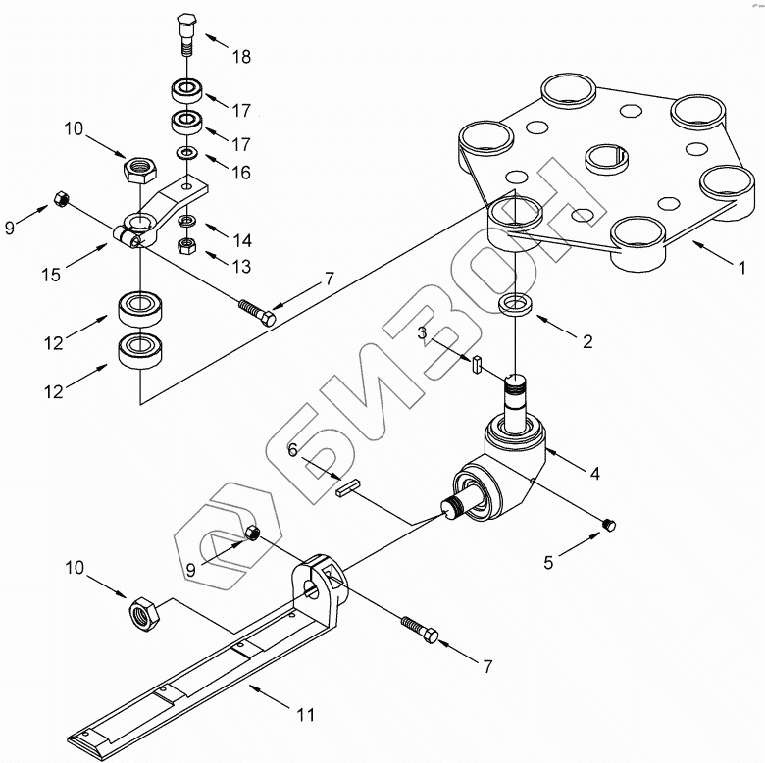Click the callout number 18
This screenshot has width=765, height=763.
[x=241, y=57]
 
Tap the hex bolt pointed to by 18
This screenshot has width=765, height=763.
[x=186, y=35]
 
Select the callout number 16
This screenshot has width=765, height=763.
[x=241, y=173]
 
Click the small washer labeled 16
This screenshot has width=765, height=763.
[x=187, y=153]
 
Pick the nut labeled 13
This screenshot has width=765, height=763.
[x=186, y=247]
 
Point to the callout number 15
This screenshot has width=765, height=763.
[x=51, y=275]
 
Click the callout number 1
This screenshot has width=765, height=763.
[x=742, y=268]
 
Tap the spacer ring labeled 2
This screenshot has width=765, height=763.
[x=516, y=304]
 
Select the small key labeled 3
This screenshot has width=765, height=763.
[x=478, y=364]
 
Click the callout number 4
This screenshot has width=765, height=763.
[x=594, y=474]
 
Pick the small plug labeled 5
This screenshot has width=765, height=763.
[x=609, y=525]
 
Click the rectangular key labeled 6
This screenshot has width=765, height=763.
[x=348, y=488]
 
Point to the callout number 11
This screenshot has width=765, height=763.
[x=306, y=715]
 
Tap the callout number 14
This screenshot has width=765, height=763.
[x=242, y=240]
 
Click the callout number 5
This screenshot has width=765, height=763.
[x=549, y=563]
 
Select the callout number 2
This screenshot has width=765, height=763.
[x=587, y=341]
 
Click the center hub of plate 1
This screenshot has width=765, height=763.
[x=606, y=159]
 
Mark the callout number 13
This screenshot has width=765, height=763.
[x=241, y=267]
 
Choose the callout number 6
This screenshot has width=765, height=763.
[x=292, y=450]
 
